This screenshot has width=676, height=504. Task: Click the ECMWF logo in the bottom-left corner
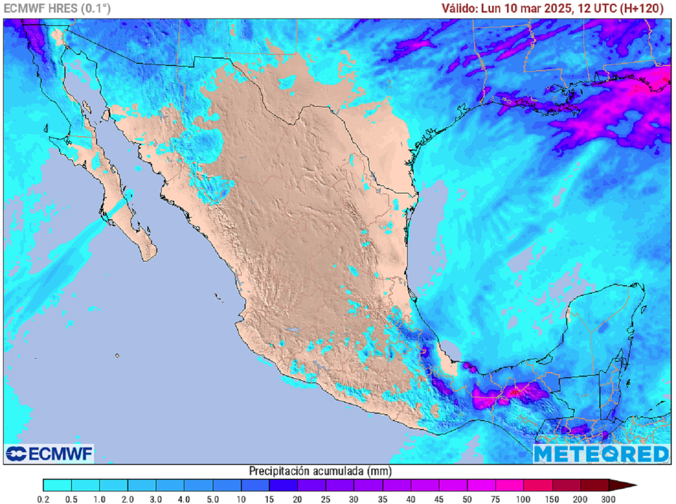point(50,454)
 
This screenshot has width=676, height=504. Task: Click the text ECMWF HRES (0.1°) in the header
point(57,9)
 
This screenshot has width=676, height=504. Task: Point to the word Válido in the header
point(459,9)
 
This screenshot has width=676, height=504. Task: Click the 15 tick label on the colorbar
point(269,499)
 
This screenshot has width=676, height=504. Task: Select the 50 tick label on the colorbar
point(467,499)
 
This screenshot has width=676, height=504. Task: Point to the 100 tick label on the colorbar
point(524,499)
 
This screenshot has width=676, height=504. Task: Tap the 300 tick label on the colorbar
point(609,499)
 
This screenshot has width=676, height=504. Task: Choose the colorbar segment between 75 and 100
point(509,486)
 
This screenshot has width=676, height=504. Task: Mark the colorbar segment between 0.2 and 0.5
point(57,486)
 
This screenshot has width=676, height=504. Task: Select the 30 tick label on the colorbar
point(354,499)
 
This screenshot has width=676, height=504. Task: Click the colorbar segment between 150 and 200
point(566,486)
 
